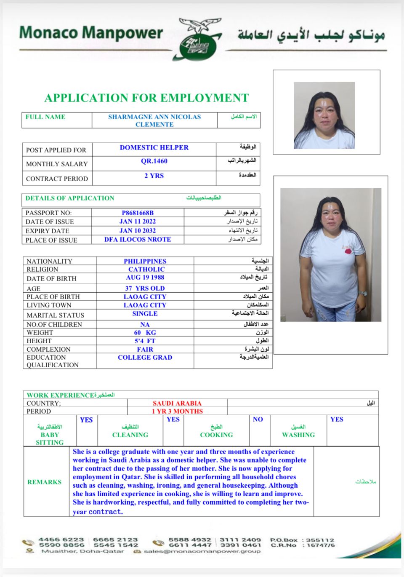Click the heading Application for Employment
pos(146,98)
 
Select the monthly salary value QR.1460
pos(154,161)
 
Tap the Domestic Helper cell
pos(154,148)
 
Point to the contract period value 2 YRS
pos(154,176)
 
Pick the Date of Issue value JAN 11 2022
pos(138,222)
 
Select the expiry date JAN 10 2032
pos(138,231)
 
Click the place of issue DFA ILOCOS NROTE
pos(138,240)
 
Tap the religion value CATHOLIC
pos(146,270)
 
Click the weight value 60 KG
pos(145,333)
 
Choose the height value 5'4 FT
pos(145,341)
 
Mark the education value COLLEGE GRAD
pos(145,358)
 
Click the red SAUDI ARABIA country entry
pos(177,403)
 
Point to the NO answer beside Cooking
pos(258,419)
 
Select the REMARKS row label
pos(44,482)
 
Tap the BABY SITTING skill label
pos(50,438)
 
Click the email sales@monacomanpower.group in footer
pos(202,551)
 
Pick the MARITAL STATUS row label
pos(55,315)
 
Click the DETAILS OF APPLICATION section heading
pos(70,198)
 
